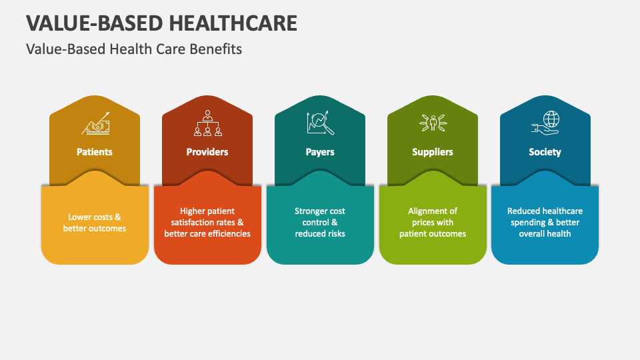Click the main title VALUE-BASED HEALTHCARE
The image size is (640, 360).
pos(161,23)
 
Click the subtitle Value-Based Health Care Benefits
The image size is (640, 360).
pos(134,49)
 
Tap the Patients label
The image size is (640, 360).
pos(94,152)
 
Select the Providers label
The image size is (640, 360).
pos(207,152)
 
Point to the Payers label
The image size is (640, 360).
pos(320,152)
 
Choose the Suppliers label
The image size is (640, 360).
pos(433,152)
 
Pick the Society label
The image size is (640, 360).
pos(545,152)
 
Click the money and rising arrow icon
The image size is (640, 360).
pos(96,124)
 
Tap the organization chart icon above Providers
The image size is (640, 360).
pos(208,123)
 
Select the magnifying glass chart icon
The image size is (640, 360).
pos(321,123)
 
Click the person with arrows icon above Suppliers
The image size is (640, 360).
pos(433,123)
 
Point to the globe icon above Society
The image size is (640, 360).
pos(546,123)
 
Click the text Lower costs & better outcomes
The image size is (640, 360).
pos(95,223)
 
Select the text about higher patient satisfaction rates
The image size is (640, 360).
pos(207,223)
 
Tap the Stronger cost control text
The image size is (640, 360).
pos(320,223)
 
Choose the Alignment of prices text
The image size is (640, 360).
pos(433,223)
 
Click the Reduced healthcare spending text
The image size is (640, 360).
pos(545,223)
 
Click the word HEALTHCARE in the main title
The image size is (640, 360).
pos(233,23)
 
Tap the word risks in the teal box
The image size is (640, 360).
pos(335,234)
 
